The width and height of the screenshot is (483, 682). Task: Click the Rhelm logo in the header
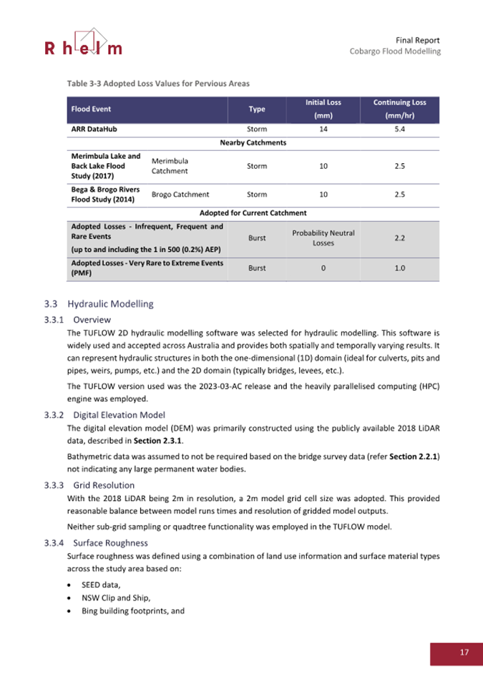[83, 43]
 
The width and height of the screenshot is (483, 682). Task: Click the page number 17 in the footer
[464, 652]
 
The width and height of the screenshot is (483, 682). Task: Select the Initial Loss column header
[323, 109]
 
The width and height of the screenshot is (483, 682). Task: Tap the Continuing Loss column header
[400, 109]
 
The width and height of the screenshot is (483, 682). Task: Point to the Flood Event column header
[91, 109]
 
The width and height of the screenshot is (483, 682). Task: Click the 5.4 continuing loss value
[400, 130]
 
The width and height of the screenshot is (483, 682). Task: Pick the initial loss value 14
[323, 130]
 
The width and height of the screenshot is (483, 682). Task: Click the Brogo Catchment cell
[180, 194]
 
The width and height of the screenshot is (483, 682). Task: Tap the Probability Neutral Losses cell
[323, 238]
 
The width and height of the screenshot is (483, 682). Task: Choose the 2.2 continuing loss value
[400, 238]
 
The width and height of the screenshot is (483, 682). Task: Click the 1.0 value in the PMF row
[400, 268]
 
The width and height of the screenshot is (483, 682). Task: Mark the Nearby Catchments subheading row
[253, 142]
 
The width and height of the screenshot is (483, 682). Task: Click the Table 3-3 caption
[158, 84]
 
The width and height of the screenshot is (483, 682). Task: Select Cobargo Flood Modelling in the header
[394, 52]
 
